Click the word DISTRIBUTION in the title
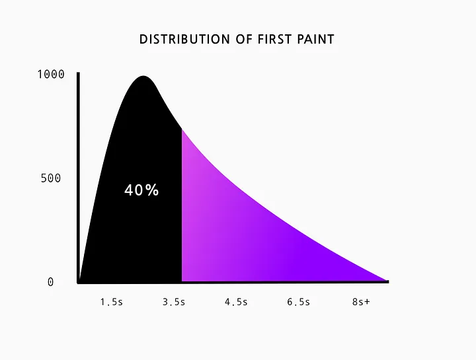click(x=184, y=40)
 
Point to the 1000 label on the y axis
click(x=51, y=74)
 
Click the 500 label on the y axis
click(x=51, y=178)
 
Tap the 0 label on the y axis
click(x=51, y=282)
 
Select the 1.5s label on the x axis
click(x=112, y=302)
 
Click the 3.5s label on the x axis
click(x=174, y=302)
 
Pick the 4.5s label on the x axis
click(x=236, y=302)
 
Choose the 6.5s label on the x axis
click(x=299, y=302)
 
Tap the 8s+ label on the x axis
click(x=361, y=302)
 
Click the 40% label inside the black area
click(x=141, y=190)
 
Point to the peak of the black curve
click(x=143, y=76)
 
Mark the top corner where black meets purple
click(x=182, y=129)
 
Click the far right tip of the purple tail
click(x=387, y=281)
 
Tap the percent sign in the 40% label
click(x=152, y=190)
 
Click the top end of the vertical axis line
click(x=78, y=73)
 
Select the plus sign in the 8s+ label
click(x=368, y=302)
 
